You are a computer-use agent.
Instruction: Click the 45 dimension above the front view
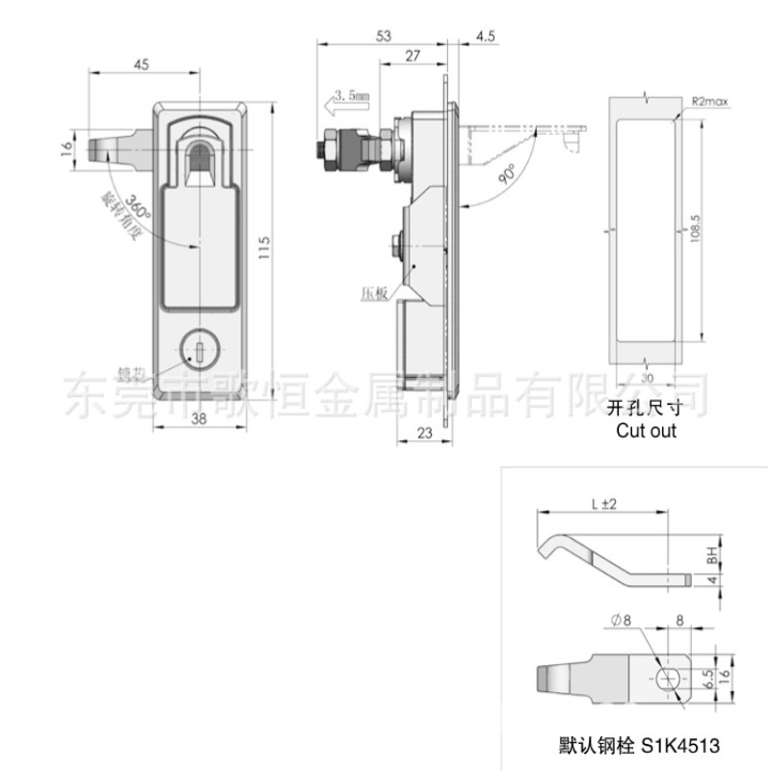[x=142, y=66]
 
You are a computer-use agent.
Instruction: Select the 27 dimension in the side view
[x=412, y=57]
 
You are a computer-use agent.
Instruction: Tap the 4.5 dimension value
[x=484, y=36]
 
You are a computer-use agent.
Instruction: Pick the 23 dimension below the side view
[x=424, y=434]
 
